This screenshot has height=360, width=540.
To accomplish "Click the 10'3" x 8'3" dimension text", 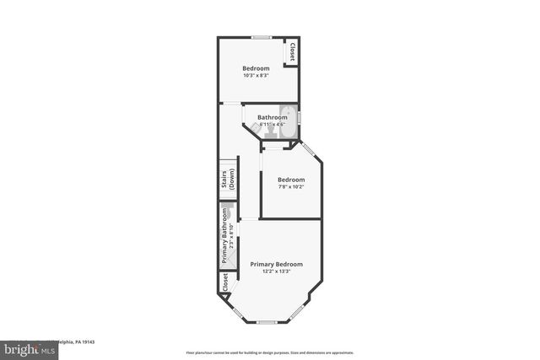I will [256, 76].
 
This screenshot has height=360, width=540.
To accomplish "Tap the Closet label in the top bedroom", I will [292, 51].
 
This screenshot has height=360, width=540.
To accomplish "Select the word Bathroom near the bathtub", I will [278, 117].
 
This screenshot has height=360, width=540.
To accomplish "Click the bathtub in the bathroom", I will [289, 116].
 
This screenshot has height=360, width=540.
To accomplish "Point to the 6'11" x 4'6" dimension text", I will [273, 125].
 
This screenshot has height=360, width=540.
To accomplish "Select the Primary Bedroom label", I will [276, 264].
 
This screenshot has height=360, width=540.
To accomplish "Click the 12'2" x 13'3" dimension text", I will [276, 271].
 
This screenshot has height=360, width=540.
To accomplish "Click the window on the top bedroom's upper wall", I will [261, 37].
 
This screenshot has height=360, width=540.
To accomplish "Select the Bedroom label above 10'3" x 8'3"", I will [256, 68].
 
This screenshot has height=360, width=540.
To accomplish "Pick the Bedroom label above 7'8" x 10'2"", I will [291, 180].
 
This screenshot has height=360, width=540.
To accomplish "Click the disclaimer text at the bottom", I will [270, 352].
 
